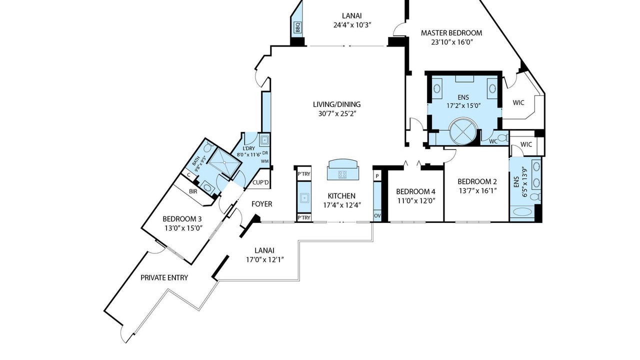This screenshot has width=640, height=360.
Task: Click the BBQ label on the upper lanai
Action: (297, 27)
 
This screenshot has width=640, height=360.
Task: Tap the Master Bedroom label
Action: (451, 33)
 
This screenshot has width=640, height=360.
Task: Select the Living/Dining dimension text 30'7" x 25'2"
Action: (337, 113)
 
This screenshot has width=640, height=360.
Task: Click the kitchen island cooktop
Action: (343, 174)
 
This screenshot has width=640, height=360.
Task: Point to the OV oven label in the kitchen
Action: (377, 215)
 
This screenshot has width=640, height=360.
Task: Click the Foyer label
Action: (261, 204)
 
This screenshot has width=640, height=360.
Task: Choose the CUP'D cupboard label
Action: (260, 182)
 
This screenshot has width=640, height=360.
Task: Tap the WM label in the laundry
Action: (265, 161)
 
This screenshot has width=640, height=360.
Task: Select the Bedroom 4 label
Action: (415, 191)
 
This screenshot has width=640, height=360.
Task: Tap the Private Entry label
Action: (164, 277)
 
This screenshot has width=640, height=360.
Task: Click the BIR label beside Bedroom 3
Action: (193, 191)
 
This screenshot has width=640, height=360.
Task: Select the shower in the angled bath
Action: (225, 162)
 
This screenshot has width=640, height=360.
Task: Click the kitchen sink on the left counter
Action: (304, 197)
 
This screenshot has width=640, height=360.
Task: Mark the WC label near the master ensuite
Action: (493, 141)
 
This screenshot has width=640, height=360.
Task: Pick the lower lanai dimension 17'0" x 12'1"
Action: (265, 259)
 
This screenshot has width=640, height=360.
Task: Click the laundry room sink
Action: (264, 140)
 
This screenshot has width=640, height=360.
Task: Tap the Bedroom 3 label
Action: (182, 219)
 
